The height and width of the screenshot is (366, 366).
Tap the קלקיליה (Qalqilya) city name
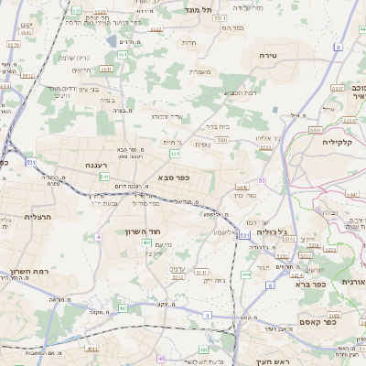[344, 141]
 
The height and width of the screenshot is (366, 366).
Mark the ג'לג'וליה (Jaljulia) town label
[272, 231]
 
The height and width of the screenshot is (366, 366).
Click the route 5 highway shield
[207, 315]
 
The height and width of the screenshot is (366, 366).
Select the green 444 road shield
[246, 273]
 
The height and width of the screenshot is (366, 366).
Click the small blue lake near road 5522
[112, 41]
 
